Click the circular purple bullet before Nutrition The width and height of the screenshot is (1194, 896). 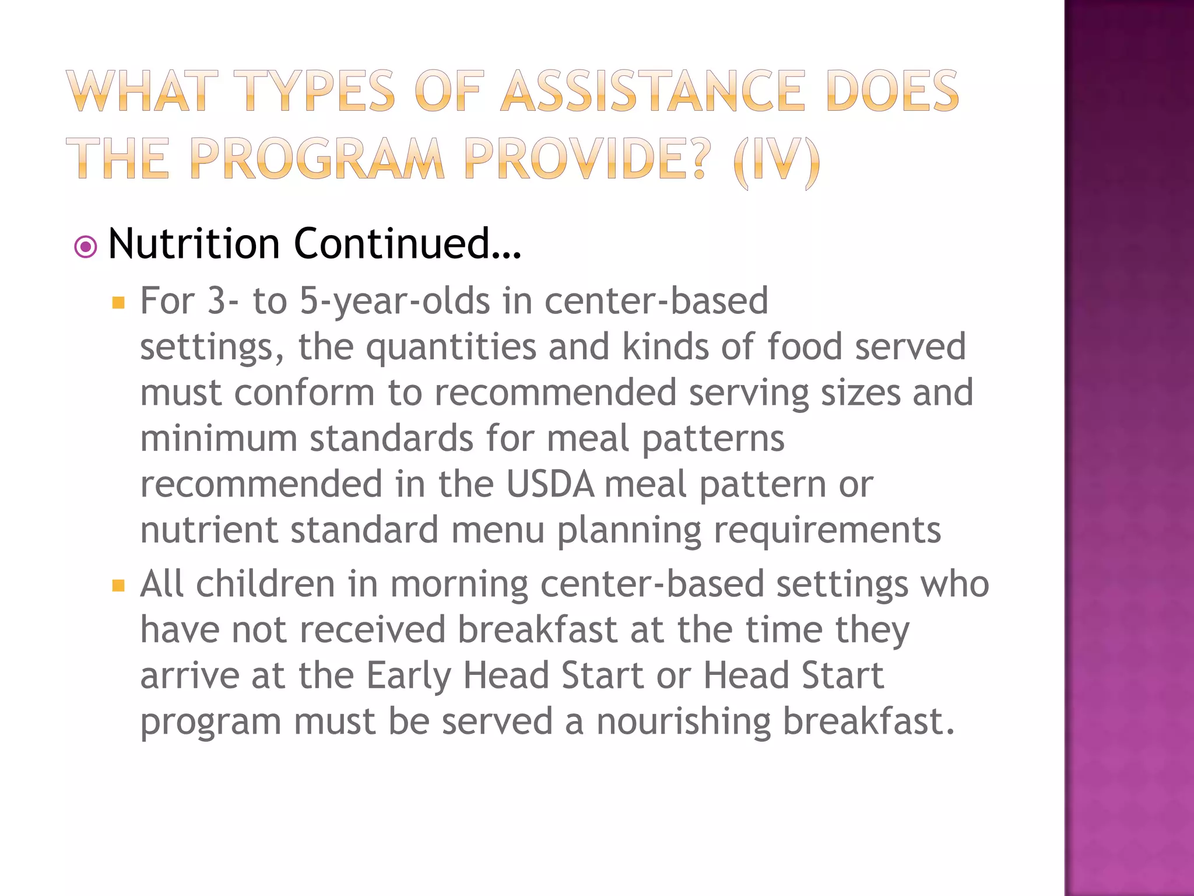pos(86,247)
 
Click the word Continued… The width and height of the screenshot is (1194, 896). pos(408,243)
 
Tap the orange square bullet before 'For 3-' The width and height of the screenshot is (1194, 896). pos(118,303)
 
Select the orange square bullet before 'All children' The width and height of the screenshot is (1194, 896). pos(118,585)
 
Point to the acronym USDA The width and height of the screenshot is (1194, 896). pos(550,484)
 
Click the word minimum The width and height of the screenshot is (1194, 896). pos(218,439)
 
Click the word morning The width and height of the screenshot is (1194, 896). pos(459,584)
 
